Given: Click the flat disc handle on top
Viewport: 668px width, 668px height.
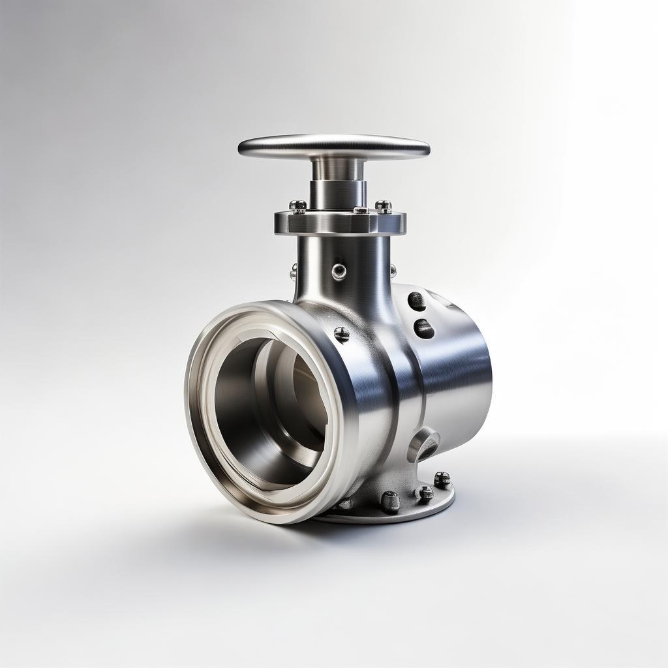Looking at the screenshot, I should tap(333, 146).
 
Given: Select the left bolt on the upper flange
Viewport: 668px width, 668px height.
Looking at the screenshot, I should tap(297, 206).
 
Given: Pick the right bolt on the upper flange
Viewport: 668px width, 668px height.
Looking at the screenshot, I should tap(384, 206).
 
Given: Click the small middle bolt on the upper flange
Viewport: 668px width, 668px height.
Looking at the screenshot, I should tap(360, 210).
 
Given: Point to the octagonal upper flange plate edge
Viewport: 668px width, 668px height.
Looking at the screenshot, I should tap(339, 224).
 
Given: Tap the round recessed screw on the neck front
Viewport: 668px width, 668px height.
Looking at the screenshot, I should tap(339, 271).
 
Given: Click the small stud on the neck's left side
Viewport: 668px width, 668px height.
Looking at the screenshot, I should tap(294, 271).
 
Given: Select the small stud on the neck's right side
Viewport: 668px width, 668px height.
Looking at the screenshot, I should tap(393, 269).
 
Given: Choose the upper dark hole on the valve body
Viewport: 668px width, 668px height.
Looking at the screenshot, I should tap(416, 301).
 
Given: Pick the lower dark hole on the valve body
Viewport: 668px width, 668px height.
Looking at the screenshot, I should tap(424, 328).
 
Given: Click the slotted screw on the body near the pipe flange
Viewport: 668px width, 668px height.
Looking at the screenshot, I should tap(342, 334).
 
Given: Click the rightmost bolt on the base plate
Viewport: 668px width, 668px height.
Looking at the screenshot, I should tap(442, 479).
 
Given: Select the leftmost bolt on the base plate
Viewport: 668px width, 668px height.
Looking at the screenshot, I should tap(346, 503).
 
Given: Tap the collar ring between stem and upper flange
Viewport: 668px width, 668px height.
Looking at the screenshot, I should tap(337, 194).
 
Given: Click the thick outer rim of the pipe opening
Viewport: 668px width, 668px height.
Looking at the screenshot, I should tap(202, 450).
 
